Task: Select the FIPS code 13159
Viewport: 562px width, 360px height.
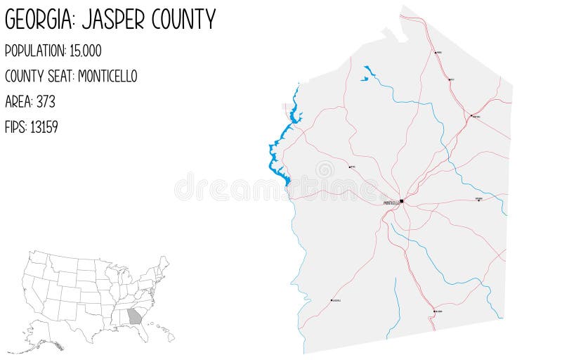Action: pos(44,127)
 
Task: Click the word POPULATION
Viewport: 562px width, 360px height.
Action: pos(34,51)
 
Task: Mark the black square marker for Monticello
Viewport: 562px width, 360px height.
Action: pos(402,202)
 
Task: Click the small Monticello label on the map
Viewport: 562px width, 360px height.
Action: pos(391,203)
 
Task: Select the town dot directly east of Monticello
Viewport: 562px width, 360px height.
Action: pos(478,200)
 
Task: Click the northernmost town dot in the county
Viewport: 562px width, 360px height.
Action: pos(436,52)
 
